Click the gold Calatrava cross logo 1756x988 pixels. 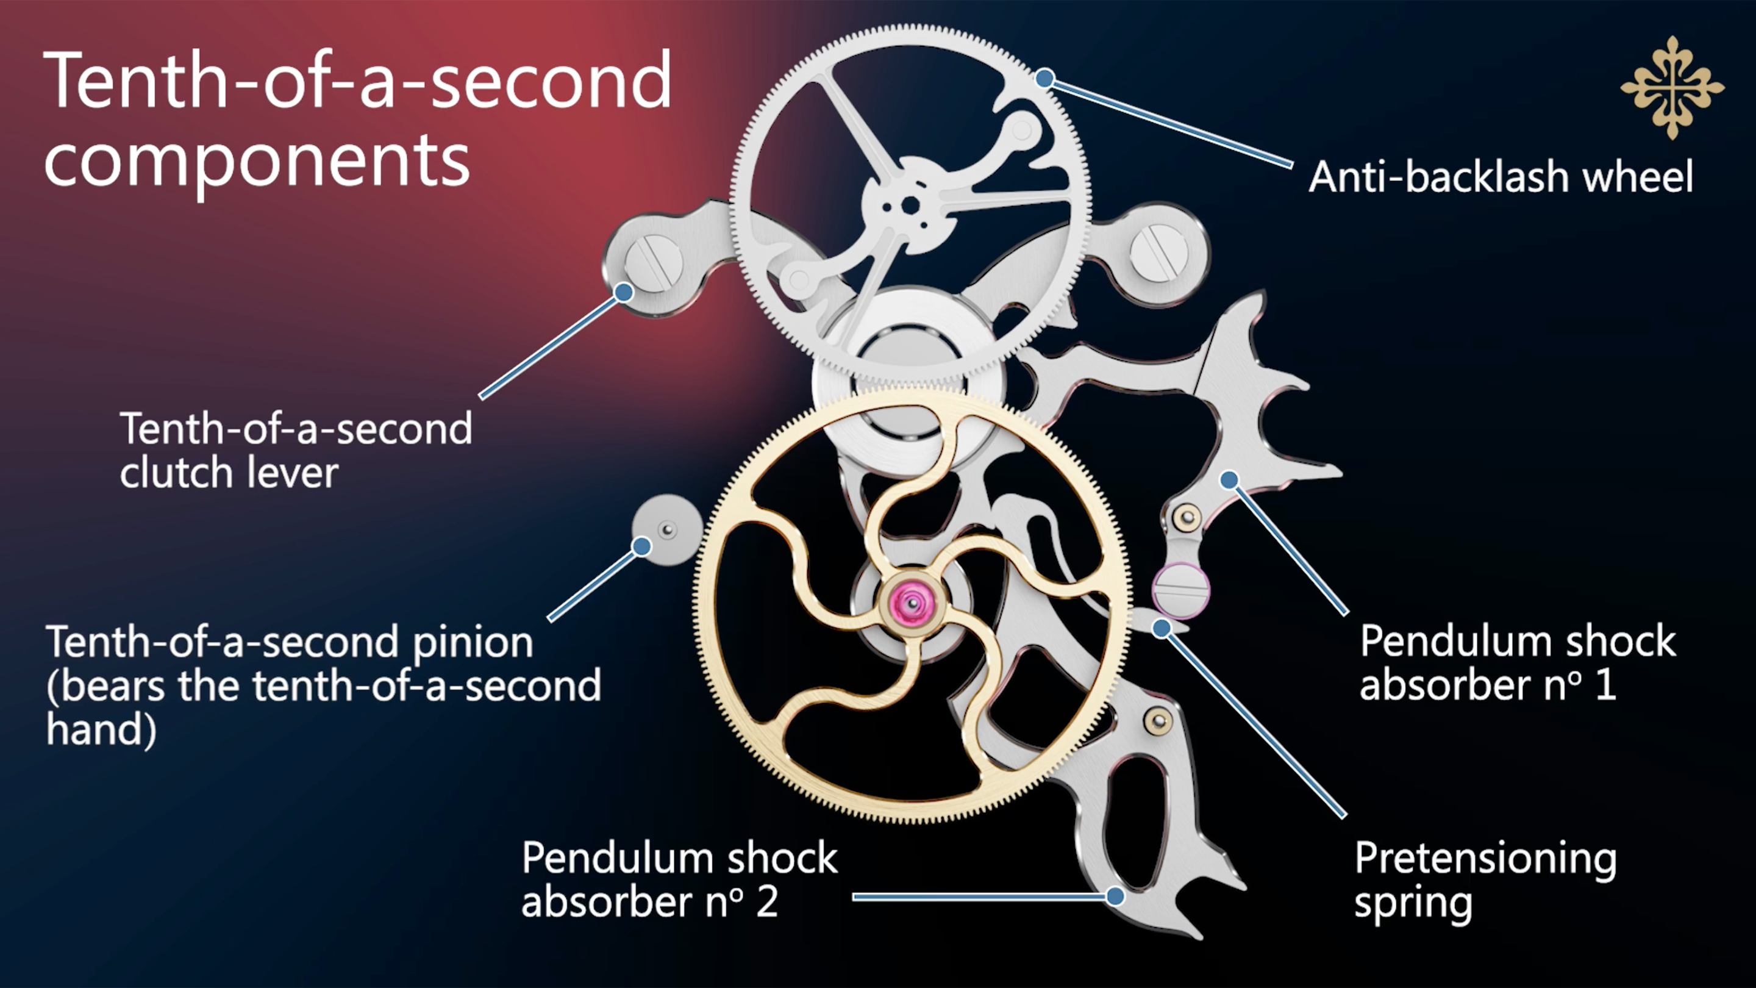coord(1671,88)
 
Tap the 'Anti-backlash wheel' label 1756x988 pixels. coord(1501,177)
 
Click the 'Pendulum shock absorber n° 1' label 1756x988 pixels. coord(1518,663)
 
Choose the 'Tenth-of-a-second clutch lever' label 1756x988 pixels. coord(296,450)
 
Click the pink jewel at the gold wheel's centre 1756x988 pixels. coord(912,602)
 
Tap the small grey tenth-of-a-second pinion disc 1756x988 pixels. coord(666,530)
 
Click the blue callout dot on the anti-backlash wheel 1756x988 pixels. coord(1044,79)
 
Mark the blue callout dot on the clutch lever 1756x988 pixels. coord(623,293)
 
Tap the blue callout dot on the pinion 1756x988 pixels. coord(641,546)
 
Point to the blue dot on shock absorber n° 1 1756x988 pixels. coord(1229,480)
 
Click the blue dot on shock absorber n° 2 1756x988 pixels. coord(1115,896)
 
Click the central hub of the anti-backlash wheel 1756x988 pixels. coord(909,204)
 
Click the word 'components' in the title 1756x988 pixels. coord(257,160)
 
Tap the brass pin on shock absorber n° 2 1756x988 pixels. coord(1158,721)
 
